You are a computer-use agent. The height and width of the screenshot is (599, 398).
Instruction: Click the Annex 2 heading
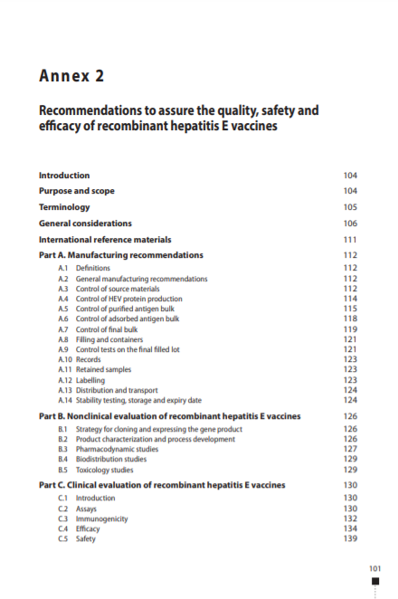click(70, 75)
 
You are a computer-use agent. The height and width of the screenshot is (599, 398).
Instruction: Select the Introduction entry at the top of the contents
click(64, 176)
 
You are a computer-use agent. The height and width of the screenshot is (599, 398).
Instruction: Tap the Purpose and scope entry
click(77, 191)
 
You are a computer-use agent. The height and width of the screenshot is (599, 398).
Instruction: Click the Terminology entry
click(64, 207)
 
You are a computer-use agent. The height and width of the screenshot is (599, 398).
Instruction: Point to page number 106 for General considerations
click(350, 223)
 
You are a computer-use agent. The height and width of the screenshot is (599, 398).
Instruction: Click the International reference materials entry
click(105, 240)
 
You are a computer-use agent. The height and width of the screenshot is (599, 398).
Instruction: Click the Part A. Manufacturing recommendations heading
click(120, 255)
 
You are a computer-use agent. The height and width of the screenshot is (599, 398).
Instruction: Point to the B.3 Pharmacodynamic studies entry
click(117, 450)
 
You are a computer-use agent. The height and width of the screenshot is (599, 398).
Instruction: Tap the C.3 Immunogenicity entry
click(101, 518)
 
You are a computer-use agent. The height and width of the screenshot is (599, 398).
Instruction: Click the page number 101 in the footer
click(377, 567)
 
